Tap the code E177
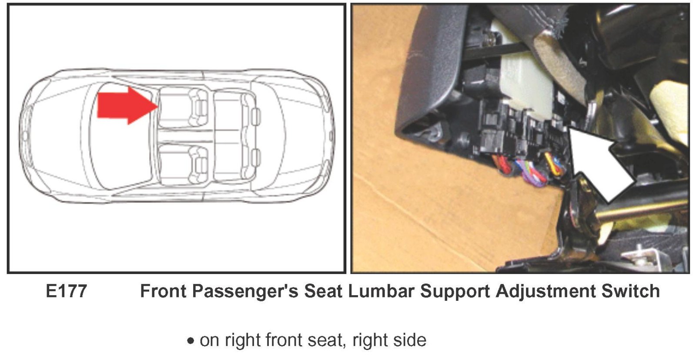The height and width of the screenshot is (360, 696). click(66, 291)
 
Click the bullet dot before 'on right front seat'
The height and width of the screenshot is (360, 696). click(191, 341)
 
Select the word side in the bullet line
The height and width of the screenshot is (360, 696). click(410, 340)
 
